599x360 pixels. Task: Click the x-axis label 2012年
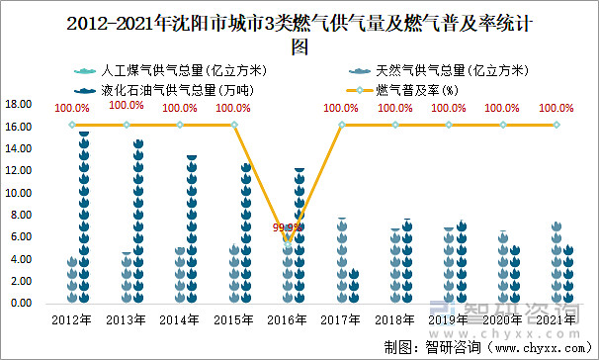(x=72, y=319)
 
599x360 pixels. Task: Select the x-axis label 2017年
(x=341, y=319)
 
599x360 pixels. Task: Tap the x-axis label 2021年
(x=556, y=319)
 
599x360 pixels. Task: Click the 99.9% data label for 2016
(x=288, y=227)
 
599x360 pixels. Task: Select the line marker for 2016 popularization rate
(x=288, y=240)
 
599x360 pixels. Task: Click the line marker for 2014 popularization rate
(x=180, y=125)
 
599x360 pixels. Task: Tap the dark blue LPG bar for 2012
(x=84, y=218)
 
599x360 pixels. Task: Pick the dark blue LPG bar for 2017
(x=353, y=286)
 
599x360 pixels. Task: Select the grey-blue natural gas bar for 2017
(x=341, y=261)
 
